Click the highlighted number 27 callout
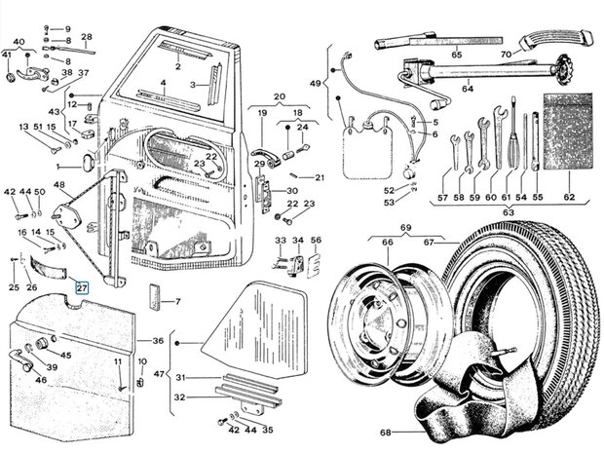coord(82,288)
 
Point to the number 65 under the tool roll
coord(455,57)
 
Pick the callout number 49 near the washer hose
coord(314,85)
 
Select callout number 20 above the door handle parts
coord(279,96)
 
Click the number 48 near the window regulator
coord(59,185)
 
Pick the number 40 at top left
coord(18,41)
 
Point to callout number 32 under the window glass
coord(178,396)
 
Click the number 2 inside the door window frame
coord(178,66)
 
